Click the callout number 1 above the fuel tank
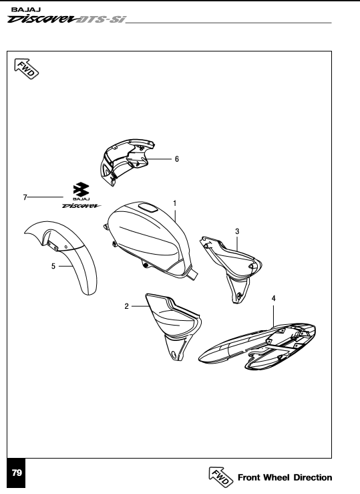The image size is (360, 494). click(x=174, y=203)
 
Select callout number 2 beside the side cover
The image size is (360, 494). click(x=126, y=306)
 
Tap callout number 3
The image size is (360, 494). click(x=237, y=231)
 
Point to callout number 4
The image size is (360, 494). click(x=273, y=298)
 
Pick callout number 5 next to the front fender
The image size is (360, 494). click(x=53, y=266)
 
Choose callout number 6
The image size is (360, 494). click(x=177, y=159)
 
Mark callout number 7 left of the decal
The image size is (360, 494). click(x=25, y=198)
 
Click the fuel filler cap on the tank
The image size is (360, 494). click(x=147, y=208)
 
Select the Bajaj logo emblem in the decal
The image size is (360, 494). click(x=81, y=190)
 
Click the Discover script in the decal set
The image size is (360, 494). click(x=81, y=206)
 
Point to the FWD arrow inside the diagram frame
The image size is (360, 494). click(x=27, y=69)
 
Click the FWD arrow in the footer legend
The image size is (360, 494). click(x=221, y=477)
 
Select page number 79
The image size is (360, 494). click(x=17, y=473)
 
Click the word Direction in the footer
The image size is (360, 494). click(x=313, y=477)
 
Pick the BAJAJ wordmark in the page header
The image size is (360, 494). click(x=26, y=9)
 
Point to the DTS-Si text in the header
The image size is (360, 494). click(x=101, y=20)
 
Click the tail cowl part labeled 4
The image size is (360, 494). click(x=257, y=346)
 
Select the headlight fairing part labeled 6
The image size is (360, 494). click(x=126, y=160)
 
